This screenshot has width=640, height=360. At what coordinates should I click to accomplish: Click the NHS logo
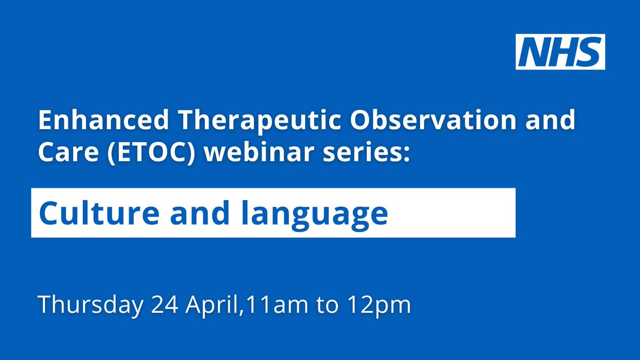[x=561, y=52]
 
